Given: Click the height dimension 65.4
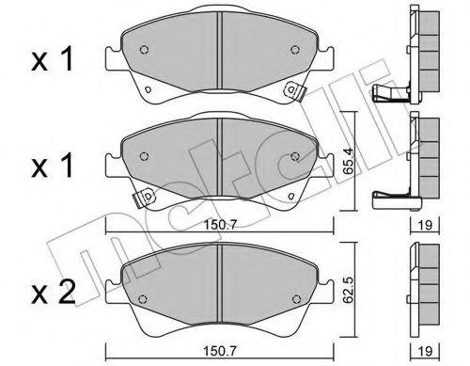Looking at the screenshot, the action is coord(348,162).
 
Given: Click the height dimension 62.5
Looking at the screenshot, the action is coord(348,290).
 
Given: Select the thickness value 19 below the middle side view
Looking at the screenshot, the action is coord(425,225).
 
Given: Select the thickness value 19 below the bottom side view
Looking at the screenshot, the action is coord(425,351).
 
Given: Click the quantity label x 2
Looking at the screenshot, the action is coord(53,293).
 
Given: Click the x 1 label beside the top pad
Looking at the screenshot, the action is coord(53,58).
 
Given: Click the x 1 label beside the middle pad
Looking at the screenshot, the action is coord(53,166).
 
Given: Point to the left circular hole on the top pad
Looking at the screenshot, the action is coord(144,50).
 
